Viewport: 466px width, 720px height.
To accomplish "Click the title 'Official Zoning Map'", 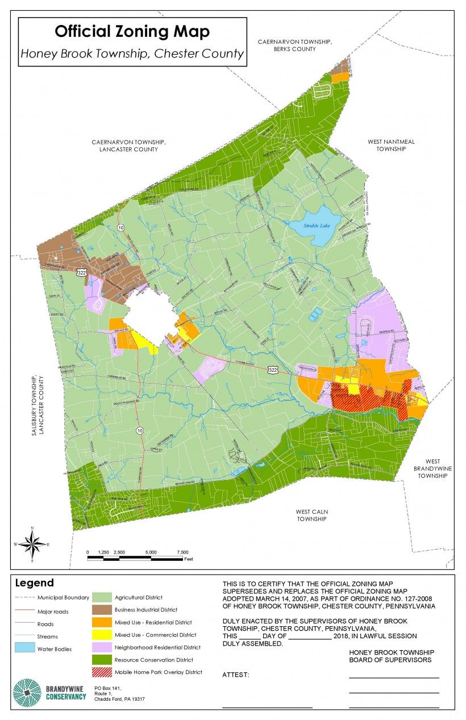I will tap(132, 31).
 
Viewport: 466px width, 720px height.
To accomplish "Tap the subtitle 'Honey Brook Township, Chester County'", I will tap(132, 54).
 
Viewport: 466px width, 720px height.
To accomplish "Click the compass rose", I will tap(32, 544).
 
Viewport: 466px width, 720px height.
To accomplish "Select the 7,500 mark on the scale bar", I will tap(182, 552).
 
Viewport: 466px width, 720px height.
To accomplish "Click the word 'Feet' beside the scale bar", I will tap(189, 559).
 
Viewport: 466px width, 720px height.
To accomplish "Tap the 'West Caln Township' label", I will tap(311, 515).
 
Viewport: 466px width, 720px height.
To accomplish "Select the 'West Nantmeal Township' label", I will tap(391, 145).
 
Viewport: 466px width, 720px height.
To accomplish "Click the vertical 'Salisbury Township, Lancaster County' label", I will tap(37, 405).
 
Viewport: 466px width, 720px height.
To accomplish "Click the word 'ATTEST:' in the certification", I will tap(236, 675).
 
